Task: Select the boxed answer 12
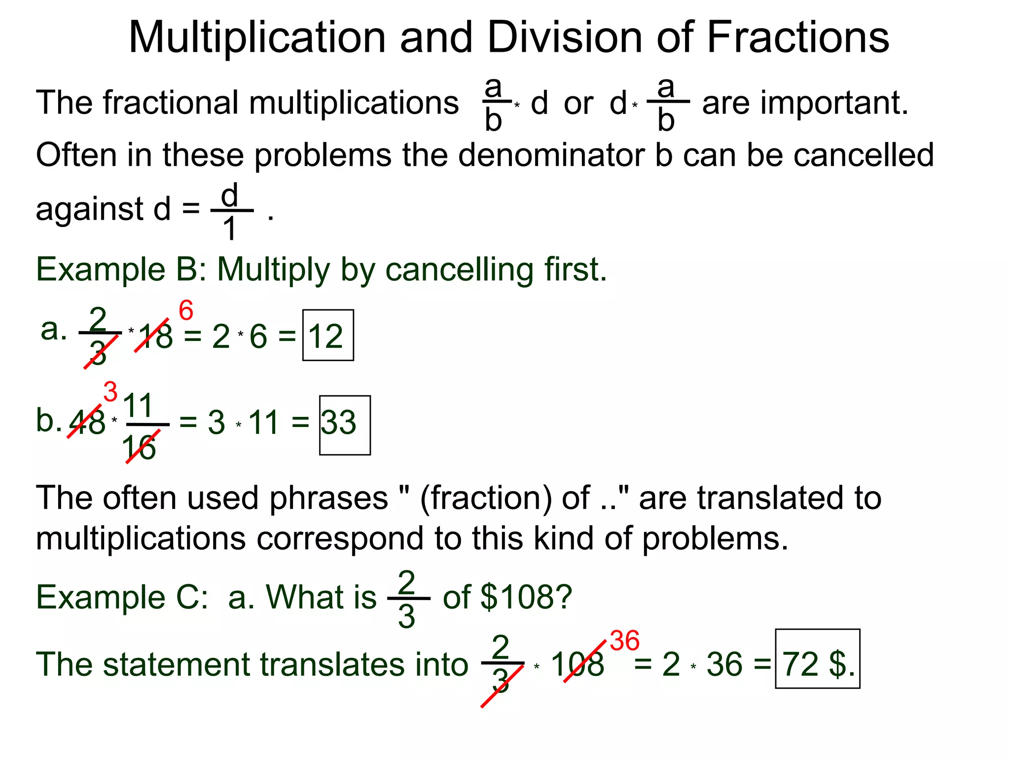[x=327, y=336]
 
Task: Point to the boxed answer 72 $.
[x=818, y=663]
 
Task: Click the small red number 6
[x=186, y=311]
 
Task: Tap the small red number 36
[x=624, y=641]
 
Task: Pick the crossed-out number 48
[x=87, y=422]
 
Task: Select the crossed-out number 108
[x=577, y=664]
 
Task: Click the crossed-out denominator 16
[x=139, y=448]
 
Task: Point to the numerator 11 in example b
[x=138, y=406]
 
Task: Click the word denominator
[x=551, y=155]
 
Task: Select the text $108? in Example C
[x=527, y=597]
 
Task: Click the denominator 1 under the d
[x=229, y=229]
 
